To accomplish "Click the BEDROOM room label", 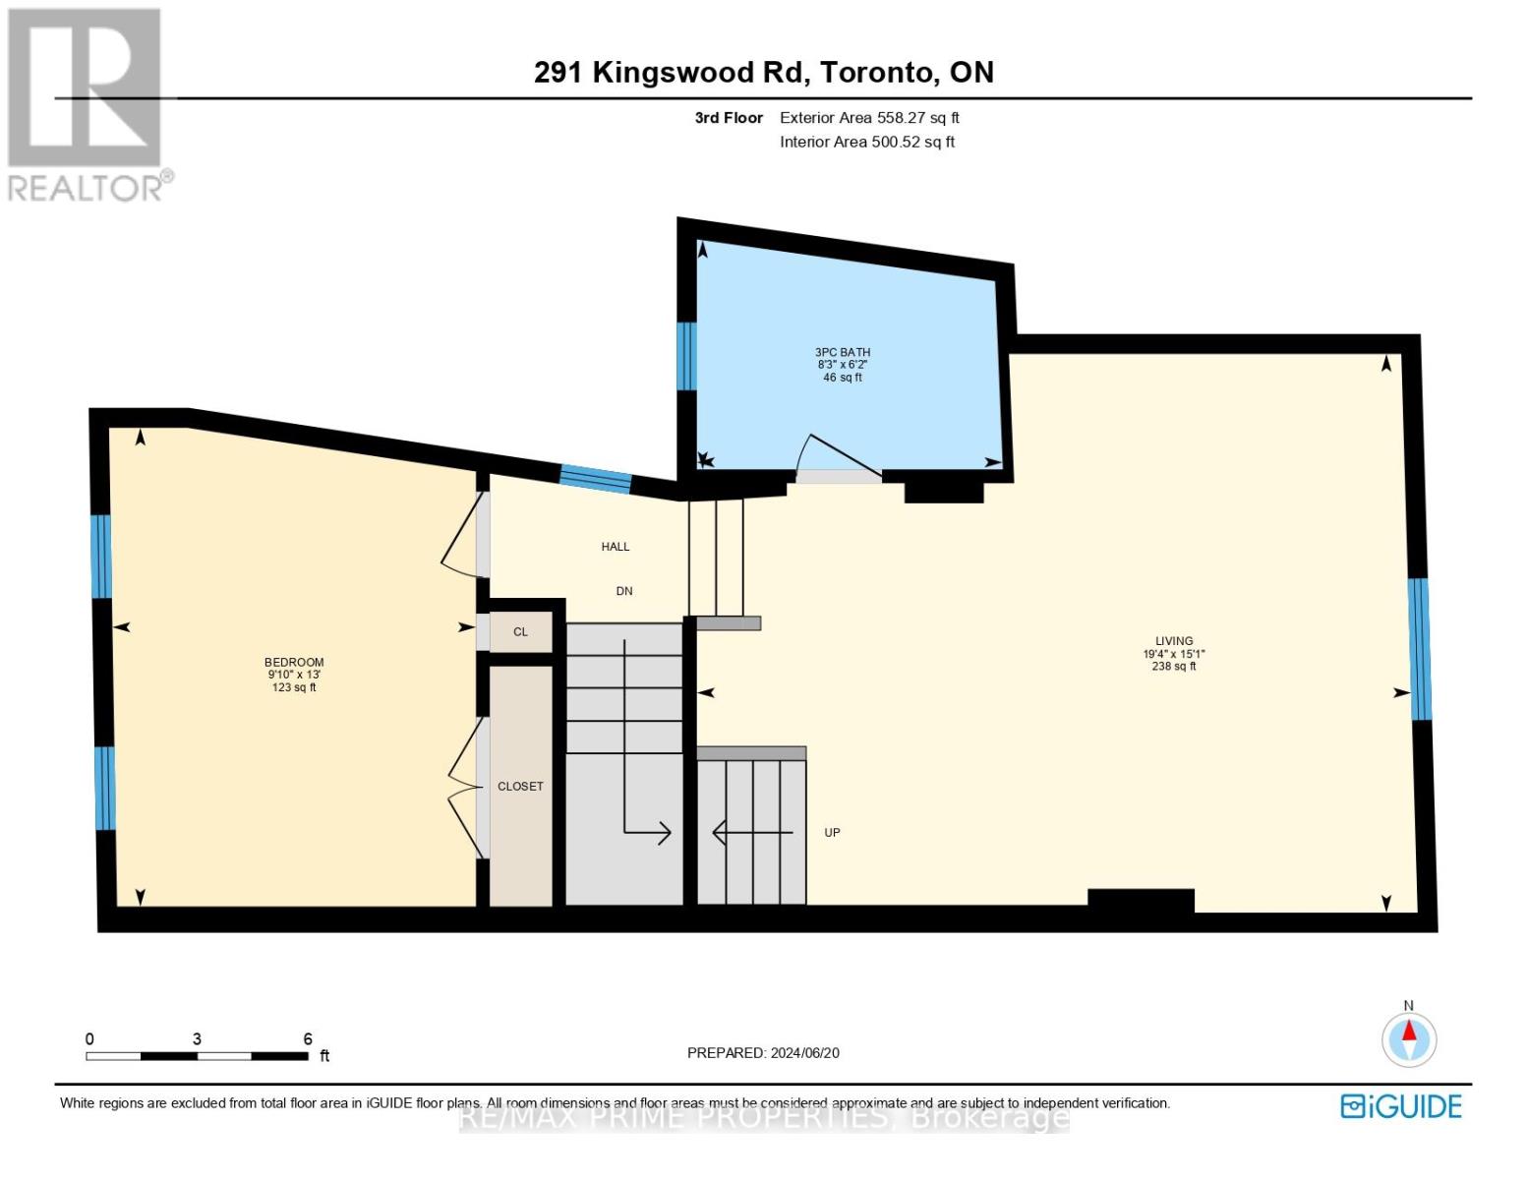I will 294,662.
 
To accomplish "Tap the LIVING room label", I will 1174,640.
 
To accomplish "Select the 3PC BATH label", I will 843,352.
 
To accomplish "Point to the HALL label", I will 616,547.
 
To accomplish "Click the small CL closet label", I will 520,632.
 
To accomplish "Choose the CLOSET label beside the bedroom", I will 520,787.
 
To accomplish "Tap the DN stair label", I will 624,591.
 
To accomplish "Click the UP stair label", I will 832,833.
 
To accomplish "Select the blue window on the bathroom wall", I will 686,356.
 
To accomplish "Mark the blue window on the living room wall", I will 1419,649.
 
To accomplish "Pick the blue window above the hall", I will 595,478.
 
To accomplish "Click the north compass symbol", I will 1409,1038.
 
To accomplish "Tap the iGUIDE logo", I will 1401,1106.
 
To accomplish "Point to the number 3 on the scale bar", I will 198,1039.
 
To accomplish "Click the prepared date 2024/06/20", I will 804,1053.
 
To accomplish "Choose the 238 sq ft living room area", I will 1174,667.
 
